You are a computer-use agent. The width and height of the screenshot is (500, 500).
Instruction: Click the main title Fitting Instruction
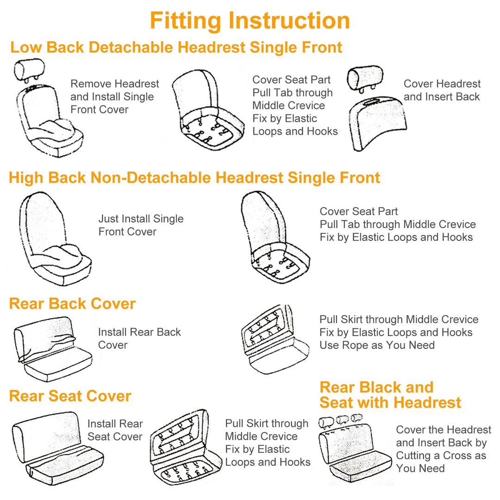coord(250,21)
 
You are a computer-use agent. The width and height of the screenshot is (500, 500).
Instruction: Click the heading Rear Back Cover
coord(72,304)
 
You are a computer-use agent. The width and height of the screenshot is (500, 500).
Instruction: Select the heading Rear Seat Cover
coord(70,396)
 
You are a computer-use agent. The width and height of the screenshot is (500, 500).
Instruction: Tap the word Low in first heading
coord(25,47)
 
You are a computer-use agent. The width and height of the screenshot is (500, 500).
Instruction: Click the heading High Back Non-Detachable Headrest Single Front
coord(194,178)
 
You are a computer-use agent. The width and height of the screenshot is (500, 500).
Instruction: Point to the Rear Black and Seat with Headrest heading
coord(390,394)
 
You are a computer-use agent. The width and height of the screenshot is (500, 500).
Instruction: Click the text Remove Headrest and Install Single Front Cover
coord(114,96)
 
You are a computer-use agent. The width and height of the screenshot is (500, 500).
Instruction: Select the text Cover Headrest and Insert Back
coord(442,90)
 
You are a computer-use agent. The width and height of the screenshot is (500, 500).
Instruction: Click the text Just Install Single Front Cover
coord(141,225)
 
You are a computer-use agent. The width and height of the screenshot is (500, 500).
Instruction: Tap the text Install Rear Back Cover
coord(139,338)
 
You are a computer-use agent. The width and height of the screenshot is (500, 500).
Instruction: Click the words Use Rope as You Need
coord(377,345)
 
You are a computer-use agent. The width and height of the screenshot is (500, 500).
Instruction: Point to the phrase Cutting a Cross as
coord(441,455)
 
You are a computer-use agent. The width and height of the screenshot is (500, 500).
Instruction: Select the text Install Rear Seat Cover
coord(115,430)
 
